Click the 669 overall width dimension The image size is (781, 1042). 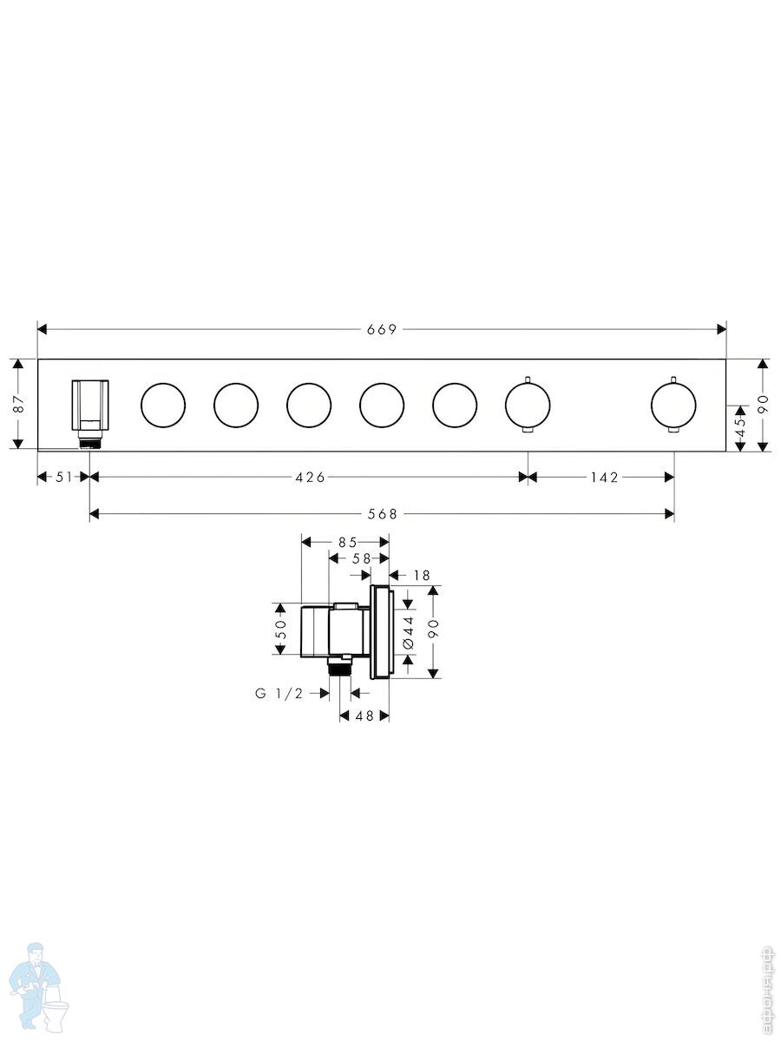(x=382, y=329)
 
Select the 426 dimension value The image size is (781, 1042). (x=310, y=477)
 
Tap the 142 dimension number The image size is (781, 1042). (x=605, y=477)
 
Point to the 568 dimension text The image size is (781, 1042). (x=382, y=514)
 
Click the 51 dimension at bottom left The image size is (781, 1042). (x=63, y=477)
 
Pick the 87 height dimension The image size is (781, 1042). (x=18, y=405)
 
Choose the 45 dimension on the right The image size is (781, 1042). (x=740, y=426)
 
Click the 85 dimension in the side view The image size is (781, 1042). (x=348, y=542)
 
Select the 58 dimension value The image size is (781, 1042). (x=361, y=558)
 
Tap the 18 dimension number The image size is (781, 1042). (x=422, y=576)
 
